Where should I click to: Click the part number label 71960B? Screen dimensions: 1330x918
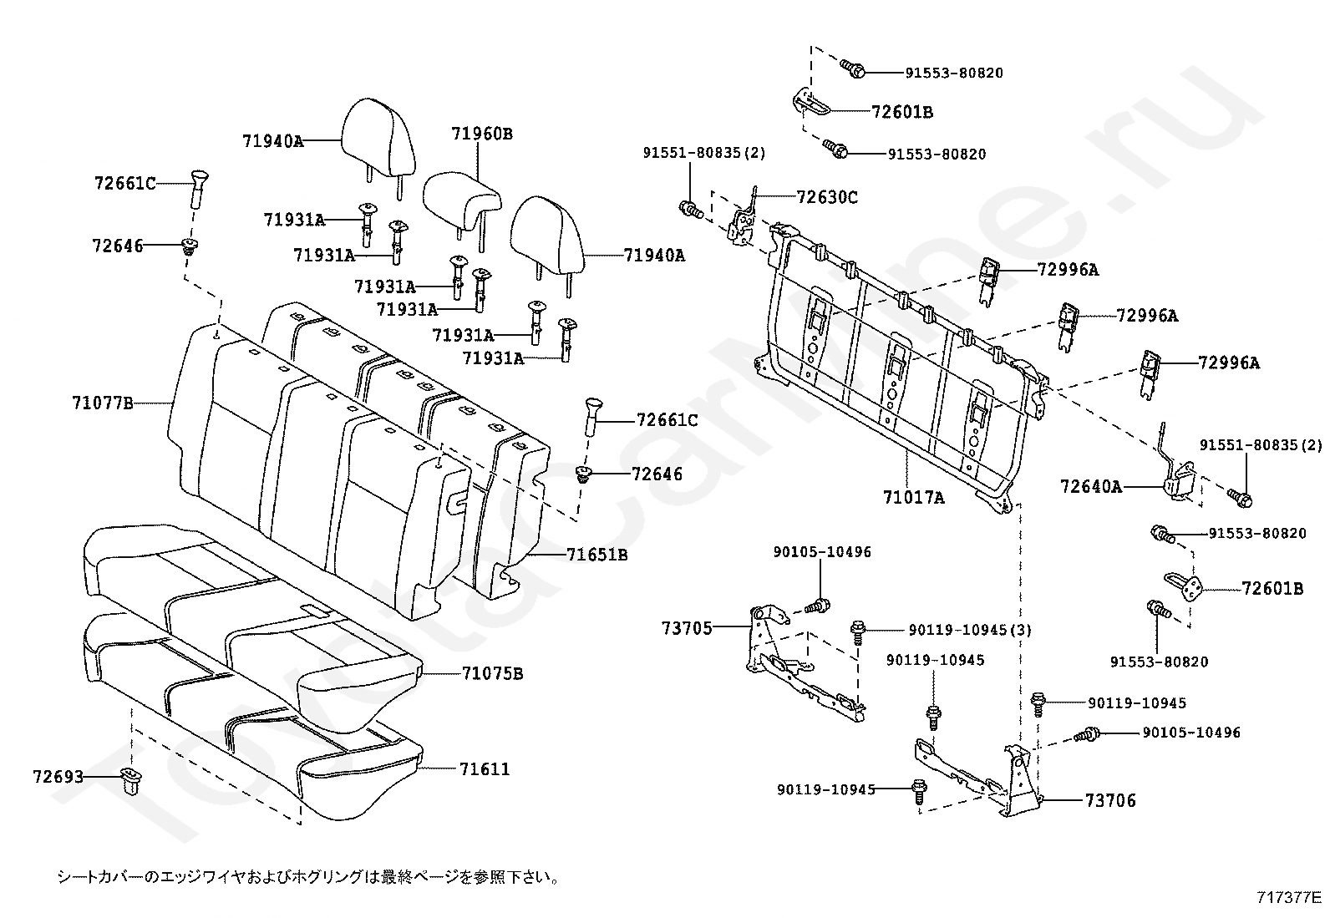coord(481,134)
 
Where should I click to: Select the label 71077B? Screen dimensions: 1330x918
coord(103,403)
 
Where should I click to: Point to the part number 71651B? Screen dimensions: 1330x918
coord(596,555)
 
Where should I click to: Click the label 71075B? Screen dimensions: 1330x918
coord(493,673)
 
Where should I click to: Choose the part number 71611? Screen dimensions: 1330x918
coord(485,769)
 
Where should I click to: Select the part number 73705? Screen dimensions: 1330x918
coord(687,628)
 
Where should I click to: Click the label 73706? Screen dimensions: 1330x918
coord(1110,800)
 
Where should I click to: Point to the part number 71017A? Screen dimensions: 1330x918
coord(913,497)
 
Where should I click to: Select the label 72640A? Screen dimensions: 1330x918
coord(1091,486)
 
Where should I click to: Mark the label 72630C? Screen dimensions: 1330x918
coord(827,197)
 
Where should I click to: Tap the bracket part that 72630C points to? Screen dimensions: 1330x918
coord(742,221)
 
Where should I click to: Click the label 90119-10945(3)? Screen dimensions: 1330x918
coord(970,630)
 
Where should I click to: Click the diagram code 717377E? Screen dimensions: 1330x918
coord(1288,897)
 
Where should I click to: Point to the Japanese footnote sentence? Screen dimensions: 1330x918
coord(309,876)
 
